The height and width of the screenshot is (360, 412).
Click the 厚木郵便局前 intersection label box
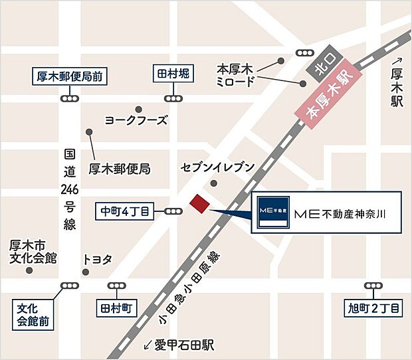pyautogui.click(x=68, y=76)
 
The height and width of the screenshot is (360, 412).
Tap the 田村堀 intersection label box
pyautogui.click(x=174, y=73)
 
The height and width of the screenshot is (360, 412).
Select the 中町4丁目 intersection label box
pyautogui.click(x=125, y=212)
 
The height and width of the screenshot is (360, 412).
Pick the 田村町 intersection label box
pyautogui.click(x=118, y=310)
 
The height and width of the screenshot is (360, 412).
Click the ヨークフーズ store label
pyautogui.click(x=136, y=120)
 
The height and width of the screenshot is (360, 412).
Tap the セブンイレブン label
pyautogui.click(x=217, y=167)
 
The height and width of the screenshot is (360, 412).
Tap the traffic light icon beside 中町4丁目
pyautogui.click(x=173, y=212)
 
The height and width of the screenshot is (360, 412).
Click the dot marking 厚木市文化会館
pyautogui.click(x=29, y=270)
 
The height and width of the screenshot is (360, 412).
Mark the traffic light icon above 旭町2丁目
pyautogui.click(x=374, y=286)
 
